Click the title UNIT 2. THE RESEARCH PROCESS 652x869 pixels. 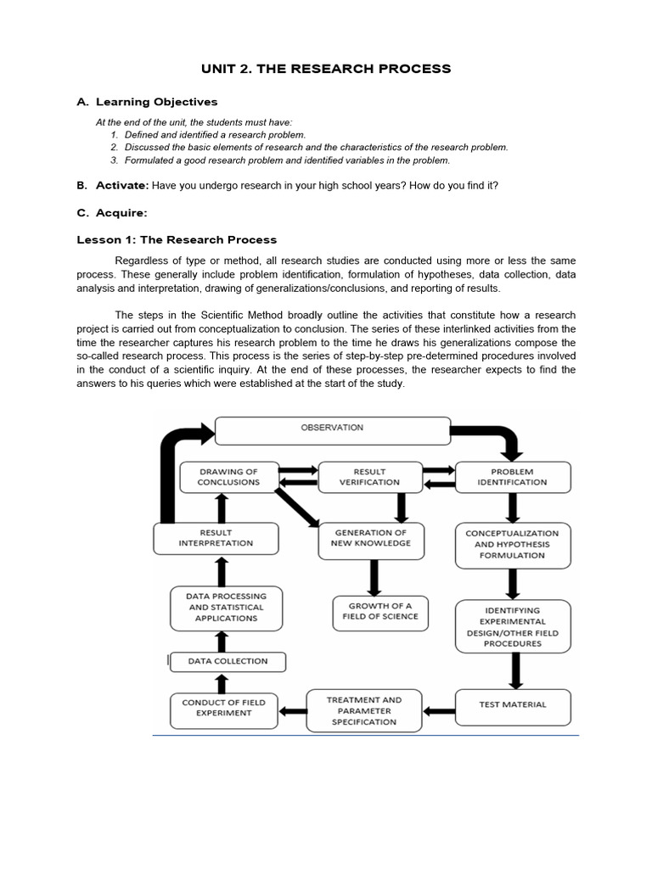pos(326,68)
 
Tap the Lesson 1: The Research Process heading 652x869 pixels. pos(177,240)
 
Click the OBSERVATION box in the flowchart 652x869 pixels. pos(332,429)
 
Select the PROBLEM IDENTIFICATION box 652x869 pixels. pos(512,477)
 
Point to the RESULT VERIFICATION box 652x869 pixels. pos(369,477)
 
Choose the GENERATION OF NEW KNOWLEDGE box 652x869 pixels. pos(370,538)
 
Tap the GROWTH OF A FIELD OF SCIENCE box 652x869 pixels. pos(379,611)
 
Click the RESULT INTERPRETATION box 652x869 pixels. pos(216,538)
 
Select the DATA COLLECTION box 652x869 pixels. pos(228,661)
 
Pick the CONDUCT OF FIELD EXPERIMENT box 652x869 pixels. pos(223,708)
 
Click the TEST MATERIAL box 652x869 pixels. pos(513,704)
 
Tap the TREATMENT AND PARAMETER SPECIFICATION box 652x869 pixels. pos(364,710)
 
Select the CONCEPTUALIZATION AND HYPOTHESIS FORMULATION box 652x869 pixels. pos(512,544)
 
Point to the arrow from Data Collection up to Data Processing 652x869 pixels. pos(222,641)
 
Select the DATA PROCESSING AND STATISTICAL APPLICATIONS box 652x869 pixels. pos(225,608)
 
